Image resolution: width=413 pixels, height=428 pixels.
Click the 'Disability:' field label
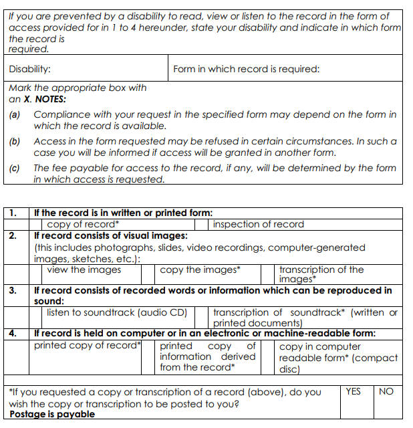(x=29, y=69)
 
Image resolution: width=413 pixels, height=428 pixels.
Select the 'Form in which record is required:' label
(x=246, y=69)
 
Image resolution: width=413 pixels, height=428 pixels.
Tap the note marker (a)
(x=15, y=115)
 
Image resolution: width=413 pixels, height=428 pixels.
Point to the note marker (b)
(x=15, y=142)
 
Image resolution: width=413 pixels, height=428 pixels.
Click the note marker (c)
(x=15, y=169)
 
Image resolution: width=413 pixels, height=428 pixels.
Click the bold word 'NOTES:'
(x=50, y=99)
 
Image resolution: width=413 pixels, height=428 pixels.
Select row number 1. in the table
(x=13, y=213)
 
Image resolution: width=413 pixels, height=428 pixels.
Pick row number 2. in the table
(x=13, y=235)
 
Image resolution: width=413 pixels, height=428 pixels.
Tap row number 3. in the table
(x=13, y=290)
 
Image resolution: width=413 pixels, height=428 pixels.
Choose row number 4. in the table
(x=13, y=333)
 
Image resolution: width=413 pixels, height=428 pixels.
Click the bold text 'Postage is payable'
(x=52, y=414)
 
